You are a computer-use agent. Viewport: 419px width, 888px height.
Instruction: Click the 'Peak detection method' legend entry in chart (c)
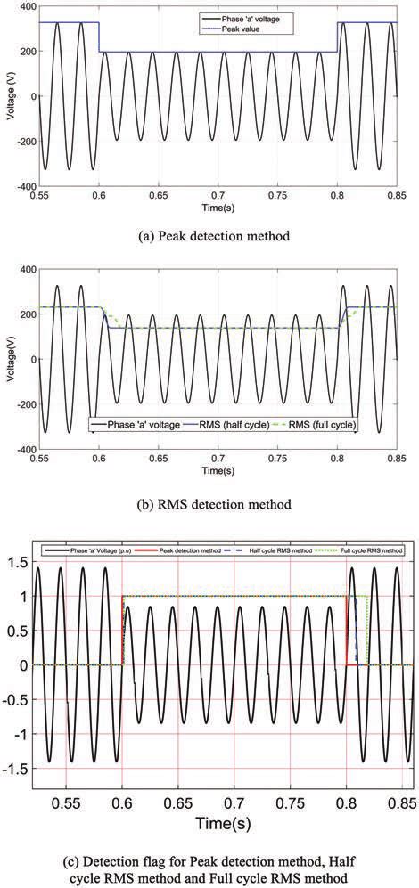click(x=186, y=552)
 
